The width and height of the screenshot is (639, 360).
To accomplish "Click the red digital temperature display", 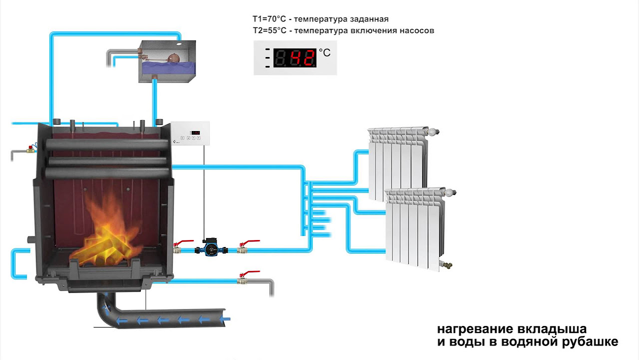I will coord(296,58).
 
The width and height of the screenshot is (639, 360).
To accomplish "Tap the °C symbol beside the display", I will coord(324,52).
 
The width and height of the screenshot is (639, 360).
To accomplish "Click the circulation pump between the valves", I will coord(211,247).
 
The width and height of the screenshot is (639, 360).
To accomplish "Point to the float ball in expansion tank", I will coord(174,58).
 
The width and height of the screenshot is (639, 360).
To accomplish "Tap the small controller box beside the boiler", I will coord(191,134).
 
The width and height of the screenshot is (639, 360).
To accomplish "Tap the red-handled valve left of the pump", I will coord(178,247).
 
